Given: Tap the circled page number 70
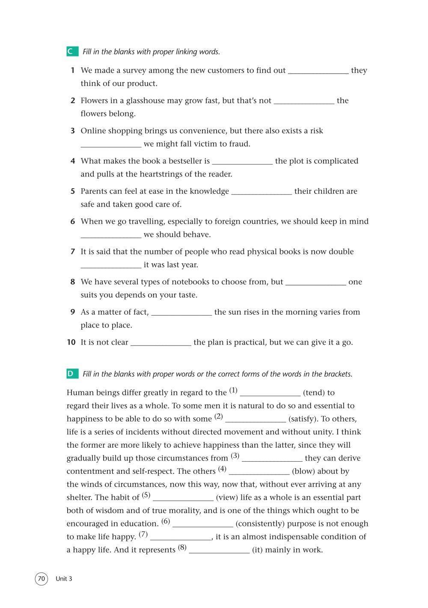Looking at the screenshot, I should [41, 579].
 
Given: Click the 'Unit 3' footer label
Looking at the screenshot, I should [64, 579].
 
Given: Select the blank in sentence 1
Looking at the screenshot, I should [318, 71].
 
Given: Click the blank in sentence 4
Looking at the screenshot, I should [242, 162].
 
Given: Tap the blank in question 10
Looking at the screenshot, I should [160, 343].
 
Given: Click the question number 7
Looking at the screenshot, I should [73, 252].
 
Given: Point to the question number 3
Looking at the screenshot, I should [73, 131].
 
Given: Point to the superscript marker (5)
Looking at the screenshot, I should [146, 495].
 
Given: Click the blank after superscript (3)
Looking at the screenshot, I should [272, 459].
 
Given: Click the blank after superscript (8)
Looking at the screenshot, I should [219, 551].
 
